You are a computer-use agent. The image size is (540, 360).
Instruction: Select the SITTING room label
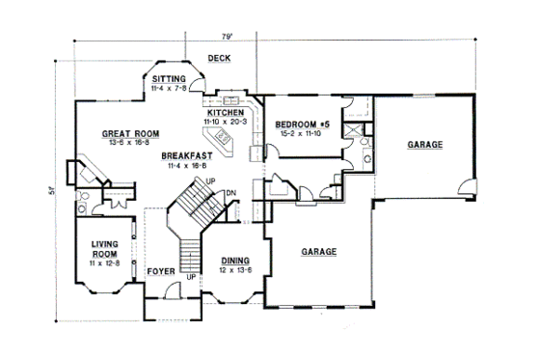pos(169,79)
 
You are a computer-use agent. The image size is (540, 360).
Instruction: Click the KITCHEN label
pos(224,113)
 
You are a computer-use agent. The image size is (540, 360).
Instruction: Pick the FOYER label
pos(160,272)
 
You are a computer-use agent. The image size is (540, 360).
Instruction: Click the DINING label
pos(235,260)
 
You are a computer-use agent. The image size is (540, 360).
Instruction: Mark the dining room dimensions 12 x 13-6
pos(235,269)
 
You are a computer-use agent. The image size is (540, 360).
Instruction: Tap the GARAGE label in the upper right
pos(424,144)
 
